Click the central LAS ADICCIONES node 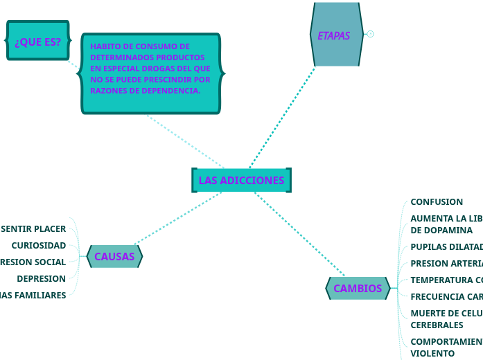pos(241,181)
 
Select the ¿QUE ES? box pos(37,42)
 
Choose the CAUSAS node pos(114,257)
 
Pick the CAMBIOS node pos(358,289)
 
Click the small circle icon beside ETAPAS pos(371,34)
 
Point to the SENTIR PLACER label pos(33,229)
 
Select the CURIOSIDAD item pos(39,246)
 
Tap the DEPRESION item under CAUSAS pos(41,279)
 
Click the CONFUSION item pos(437,202)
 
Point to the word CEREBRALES pos(437,325)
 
